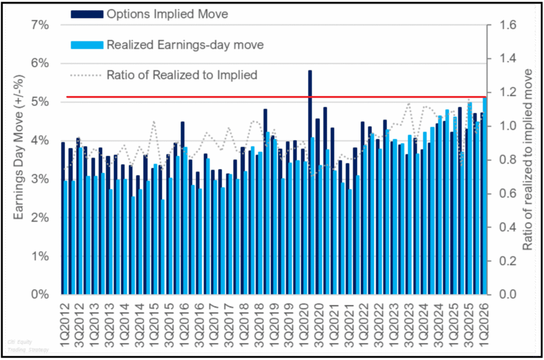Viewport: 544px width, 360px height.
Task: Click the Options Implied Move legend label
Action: (167, 14)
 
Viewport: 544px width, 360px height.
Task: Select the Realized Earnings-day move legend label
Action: (185, 45)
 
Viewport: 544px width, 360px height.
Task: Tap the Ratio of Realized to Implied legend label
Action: (182, 75)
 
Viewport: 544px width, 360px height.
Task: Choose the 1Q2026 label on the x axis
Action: (484, 321)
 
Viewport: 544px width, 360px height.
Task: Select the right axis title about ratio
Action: (527, 159)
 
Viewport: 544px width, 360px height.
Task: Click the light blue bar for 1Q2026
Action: (484, 196)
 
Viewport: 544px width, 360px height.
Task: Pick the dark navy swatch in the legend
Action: (87, 15)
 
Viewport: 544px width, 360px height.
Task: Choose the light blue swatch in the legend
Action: (87, 45)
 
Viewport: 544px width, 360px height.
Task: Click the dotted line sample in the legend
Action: (87, 75)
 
